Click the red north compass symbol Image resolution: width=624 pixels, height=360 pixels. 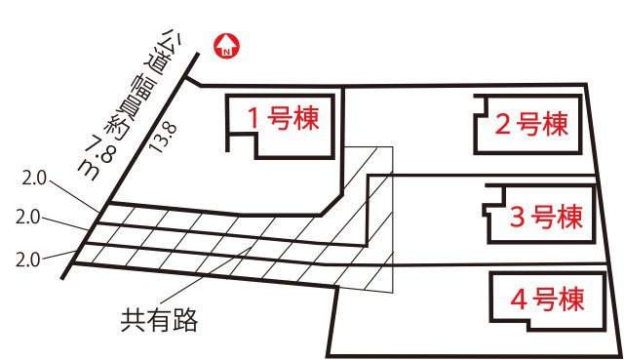tap(226, 46)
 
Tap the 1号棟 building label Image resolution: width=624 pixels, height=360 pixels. tap(283, 118)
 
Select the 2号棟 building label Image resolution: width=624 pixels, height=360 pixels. tap(531, 124)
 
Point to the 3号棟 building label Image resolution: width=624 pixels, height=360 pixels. tap(546, 217)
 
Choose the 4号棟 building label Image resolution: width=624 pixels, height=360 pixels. tap(547, 300)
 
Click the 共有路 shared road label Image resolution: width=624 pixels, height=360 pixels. tap(159, 320)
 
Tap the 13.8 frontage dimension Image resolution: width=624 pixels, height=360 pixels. tap(163, 138)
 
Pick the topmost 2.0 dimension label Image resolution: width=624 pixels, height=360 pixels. tap(34, 178)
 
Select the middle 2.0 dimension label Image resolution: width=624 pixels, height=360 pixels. tap(27, 218)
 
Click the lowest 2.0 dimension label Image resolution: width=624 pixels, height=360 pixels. tap(27, 260)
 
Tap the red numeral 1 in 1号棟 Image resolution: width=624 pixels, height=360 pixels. tap(253, 118)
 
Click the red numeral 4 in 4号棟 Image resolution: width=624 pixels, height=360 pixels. tap(519, 300)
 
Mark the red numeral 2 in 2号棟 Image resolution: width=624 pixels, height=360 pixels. tap(503, 124)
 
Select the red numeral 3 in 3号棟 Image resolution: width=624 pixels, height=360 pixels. tap(518, 218)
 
